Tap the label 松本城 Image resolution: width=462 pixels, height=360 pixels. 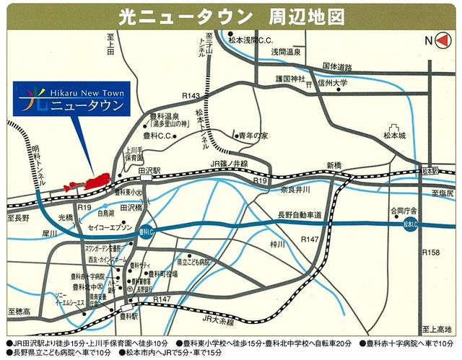395,135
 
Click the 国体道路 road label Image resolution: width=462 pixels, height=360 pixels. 336,66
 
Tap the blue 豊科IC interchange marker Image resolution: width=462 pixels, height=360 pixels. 143,232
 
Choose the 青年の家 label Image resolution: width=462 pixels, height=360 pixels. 255,135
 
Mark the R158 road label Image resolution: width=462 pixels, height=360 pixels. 430,252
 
